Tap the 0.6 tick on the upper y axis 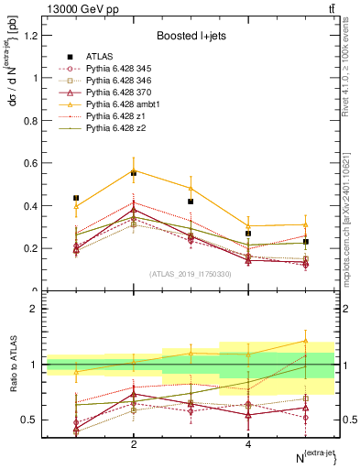[x=30, y=163]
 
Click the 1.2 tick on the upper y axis [x=30, y=36]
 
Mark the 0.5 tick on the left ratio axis [x=30, y=420]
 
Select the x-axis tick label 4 [x=248, y=444]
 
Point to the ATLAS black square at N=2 [x=134, y=172]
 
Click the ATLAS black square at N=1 [x=76, y=198]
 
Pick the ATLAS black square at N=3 [x=191, y=202]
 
